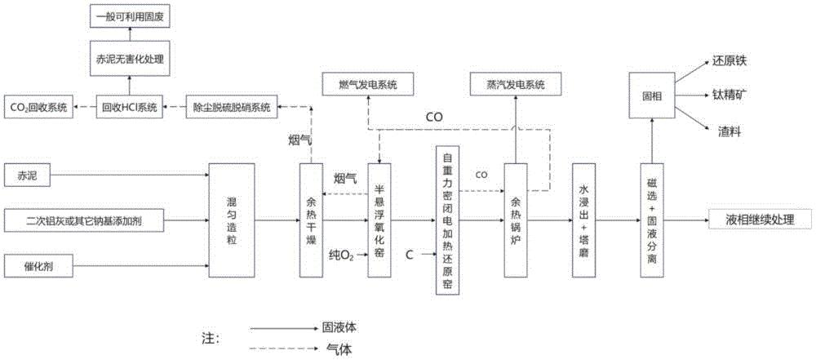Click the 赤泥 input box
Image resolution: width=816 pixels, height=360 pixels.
27,175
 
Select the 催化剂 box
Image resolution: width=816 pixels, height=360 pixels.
37,265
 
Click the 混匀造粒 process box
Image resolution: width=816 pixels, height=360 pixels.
232,220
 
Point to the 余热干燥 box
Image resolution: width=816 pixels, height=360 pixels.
311,220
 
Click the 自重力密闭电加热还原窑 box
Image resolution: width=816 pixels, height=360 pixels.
447,221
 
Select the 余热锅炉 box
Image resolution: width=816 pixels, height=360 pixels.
516,220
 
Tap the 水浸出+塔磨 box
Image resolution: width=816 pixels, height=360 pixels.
583,220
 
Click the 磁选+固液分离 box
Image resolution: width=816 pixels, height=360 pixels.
651,220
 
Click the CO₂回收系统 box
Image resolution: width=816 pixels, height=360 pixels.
38,108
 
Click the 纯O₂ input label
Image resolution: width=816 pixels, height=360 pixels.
341,256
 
